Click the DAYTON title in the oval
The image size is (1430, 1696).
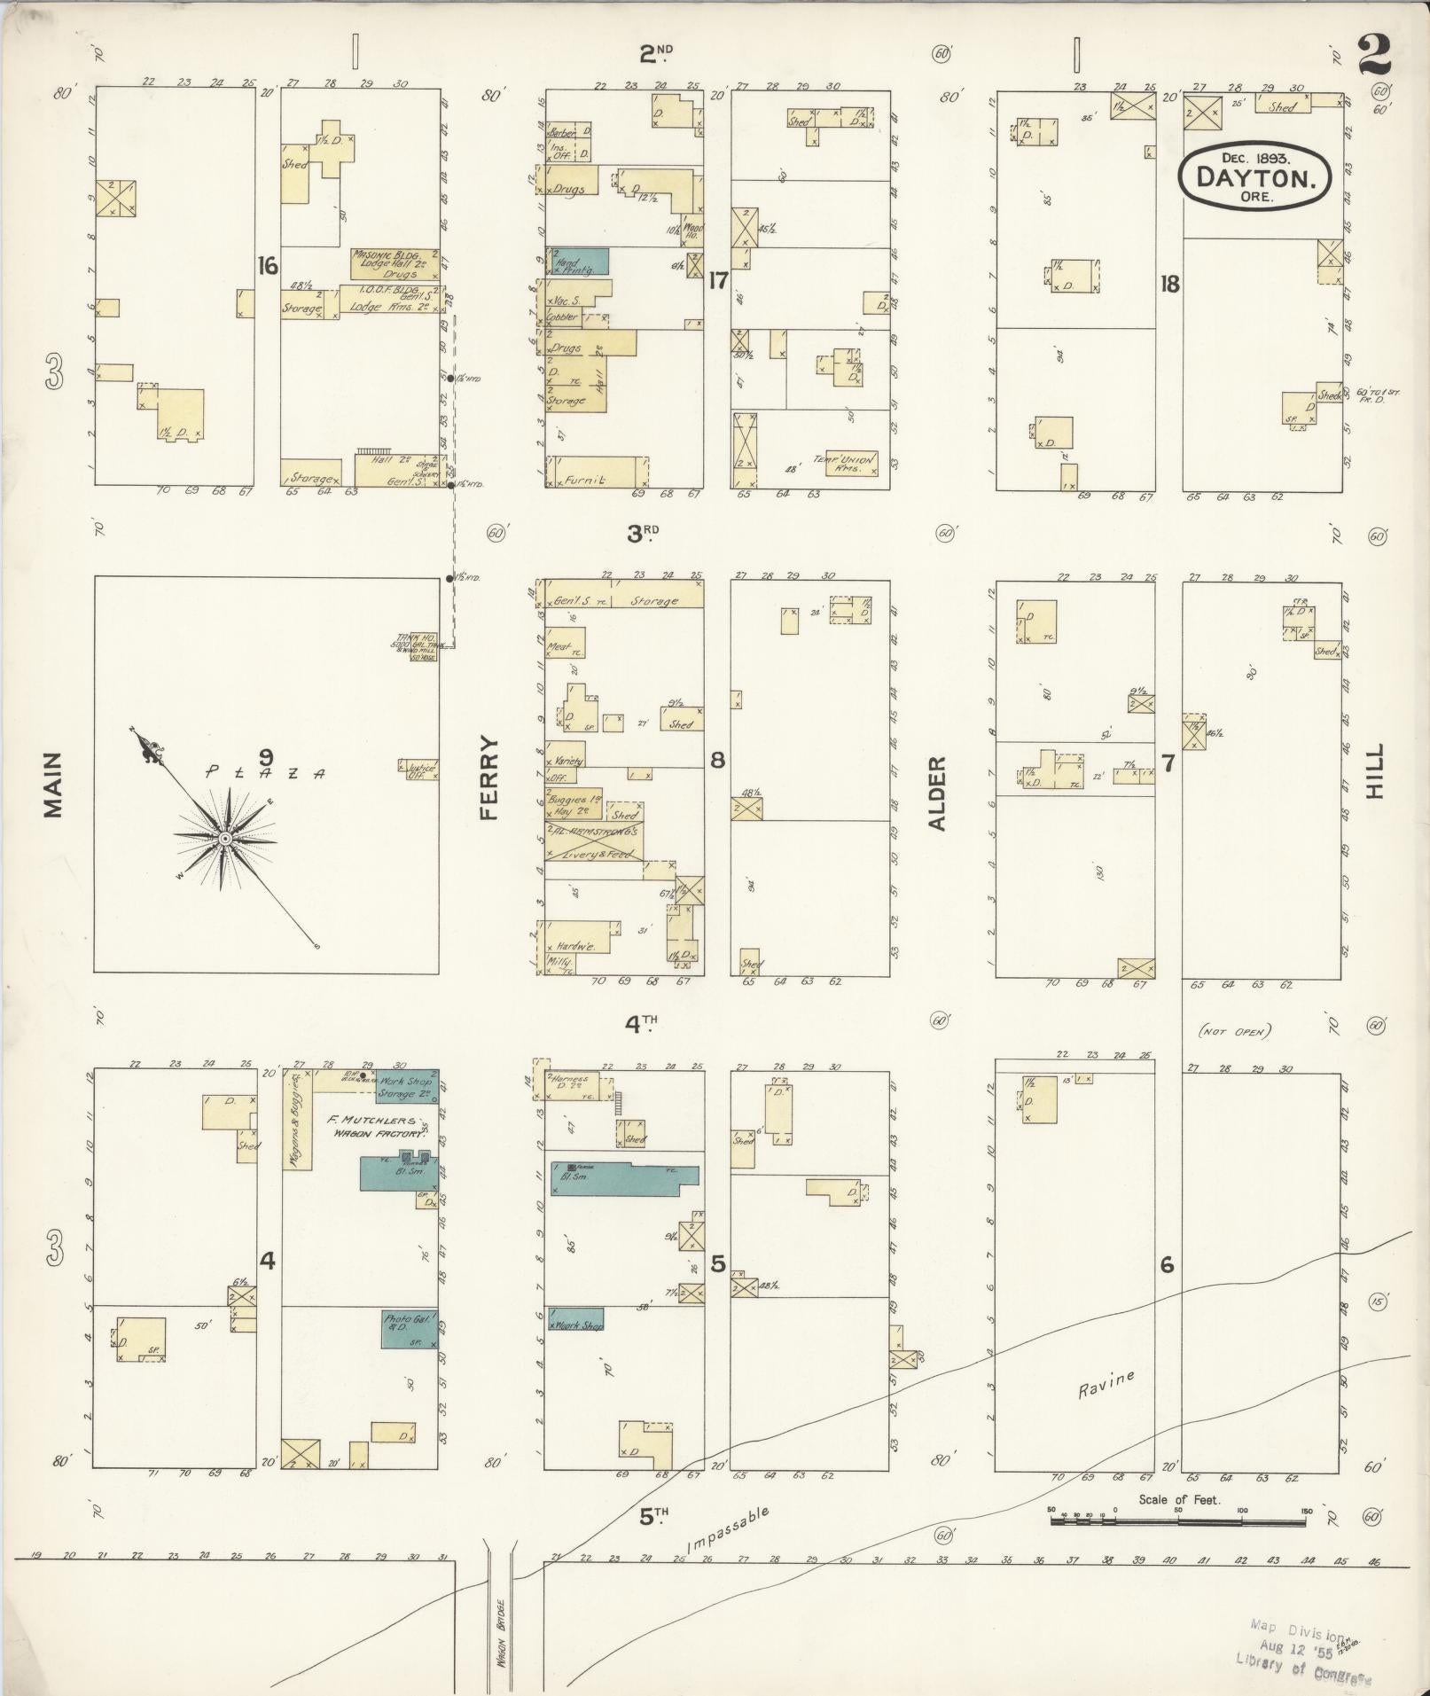pos(1254,176)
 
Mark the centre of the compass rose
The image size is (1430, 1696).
pos(225,838)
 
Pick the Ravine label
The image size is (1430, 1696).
pos(1106,1384)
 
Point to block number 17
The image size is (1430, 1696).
pos(717,281)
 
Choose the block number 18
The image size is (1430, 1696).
pos(1169,284)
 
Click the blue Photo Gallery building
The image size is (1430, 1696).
pos(410,1330)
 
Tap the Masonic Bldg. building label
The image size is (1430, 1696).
pos(395,263)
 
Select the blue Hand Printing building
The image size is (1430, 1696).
pos(578,261)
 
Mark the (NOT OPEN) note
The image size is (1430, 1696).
pos(1234,1031)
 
